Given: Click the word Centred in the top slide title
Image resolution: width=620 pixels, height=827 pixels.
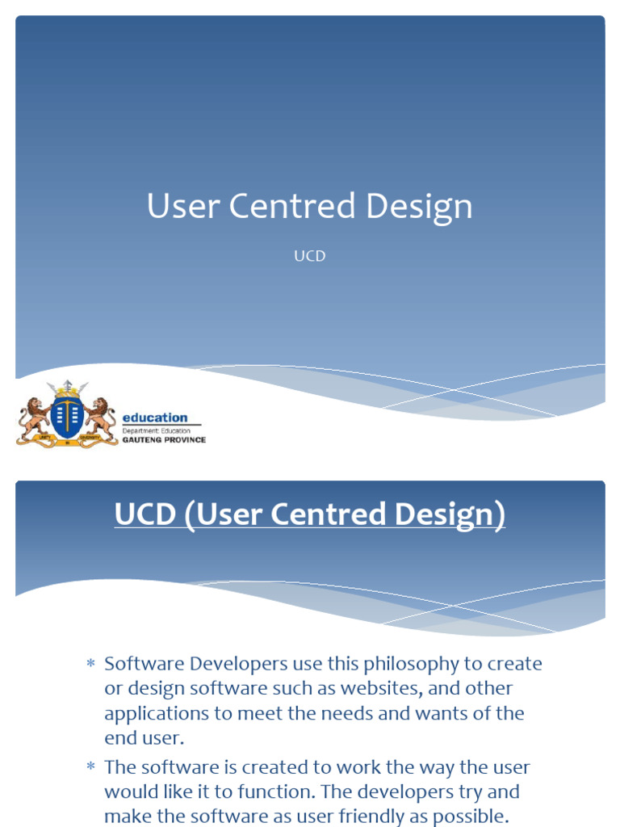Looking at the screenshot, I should click(293, 206).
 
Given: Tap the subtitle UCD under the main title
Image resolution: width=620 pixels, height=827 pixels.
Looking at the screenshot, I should click(309, 256).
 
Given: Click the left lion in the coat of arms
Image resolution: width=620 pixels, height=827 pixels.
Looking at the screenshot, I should click(34, 416).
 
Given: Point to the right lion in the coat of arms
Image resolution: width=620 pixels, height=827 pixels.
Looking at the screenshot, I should click(100, 416).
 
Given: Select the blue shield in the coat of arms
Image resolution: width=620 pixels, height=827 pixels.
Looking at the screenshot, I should click(67, 416).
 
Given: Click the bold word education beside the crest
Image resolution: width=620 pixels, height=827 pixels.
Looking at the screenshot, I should click(154, 418).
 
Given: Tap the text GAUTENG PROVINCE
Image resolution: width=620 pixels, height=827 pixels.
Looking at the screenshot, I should click(164, 440).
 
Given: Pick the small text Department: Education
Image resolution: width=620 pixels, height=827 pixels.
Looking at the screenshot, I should click(157, 431).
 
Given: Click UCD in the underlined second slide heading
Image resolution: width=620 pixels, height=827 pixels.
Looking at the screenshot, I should click(145, 515).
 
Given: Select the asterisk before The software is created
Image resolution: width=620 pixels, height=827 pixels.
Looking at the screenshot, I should click(90, 767).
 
